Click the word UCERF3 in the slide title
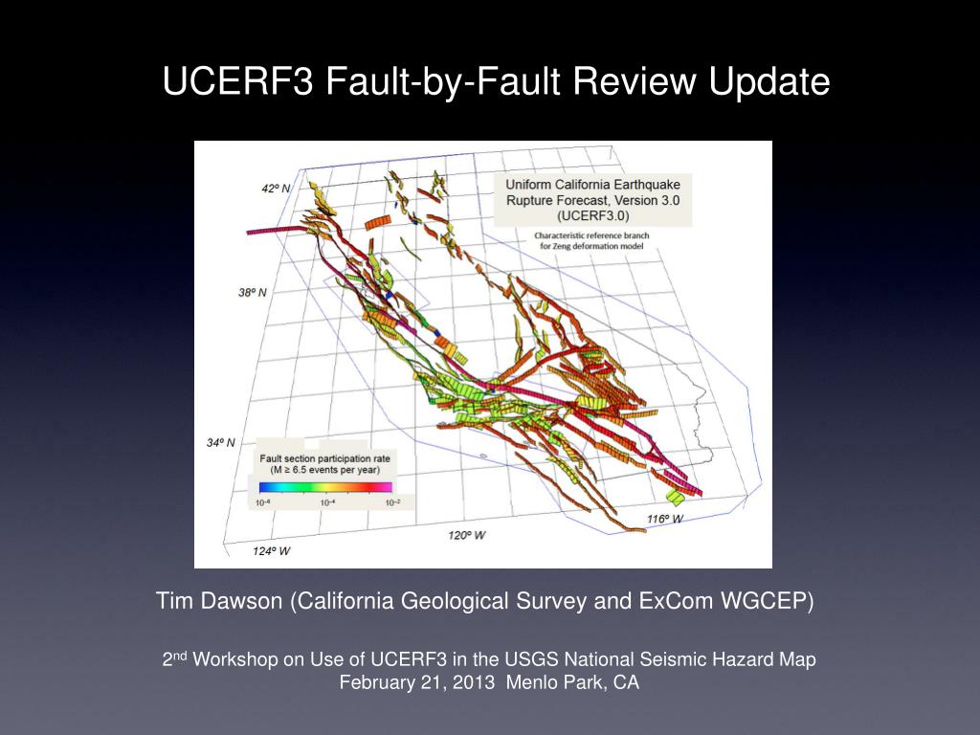237,81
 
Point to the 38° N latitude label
253,292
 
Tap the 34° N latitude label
221,442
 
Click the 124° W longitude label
271,550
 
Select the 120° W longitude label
466,535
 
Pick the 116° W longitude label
665,519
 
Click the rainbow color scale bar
325,487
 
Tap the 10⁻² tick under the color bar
392,502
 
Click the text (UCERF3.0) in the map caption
593,215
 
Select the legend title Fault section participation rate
325,458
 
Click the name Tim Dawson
219,601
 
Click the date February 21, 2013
417,681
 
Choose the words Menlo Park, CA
572,681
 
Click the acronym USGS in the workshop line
531,659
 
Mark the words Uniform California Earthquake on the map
593,185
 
